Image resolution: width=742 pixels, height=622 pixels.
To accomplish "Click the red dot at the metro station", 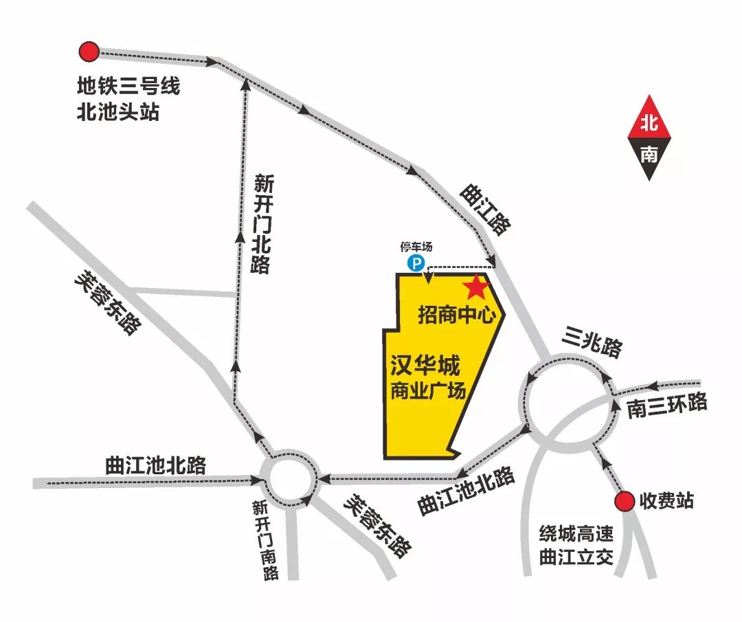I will [x=89, y=51].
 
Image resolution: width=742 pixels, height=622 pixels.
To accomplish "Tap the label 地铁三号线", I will [x=128, y=87].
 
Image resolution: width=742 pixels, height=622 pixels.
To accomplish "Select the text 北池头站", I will [x=118, y=111].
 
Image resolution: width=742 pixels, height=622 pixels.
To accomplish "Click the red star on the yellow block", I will [x=475, y=287].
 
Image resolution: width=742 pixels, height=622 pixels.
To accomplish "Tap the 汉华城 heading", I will [x=425, y=365].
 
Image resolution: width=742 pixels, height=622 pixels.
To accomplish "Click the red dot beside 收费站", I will [x=625, y=502].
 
